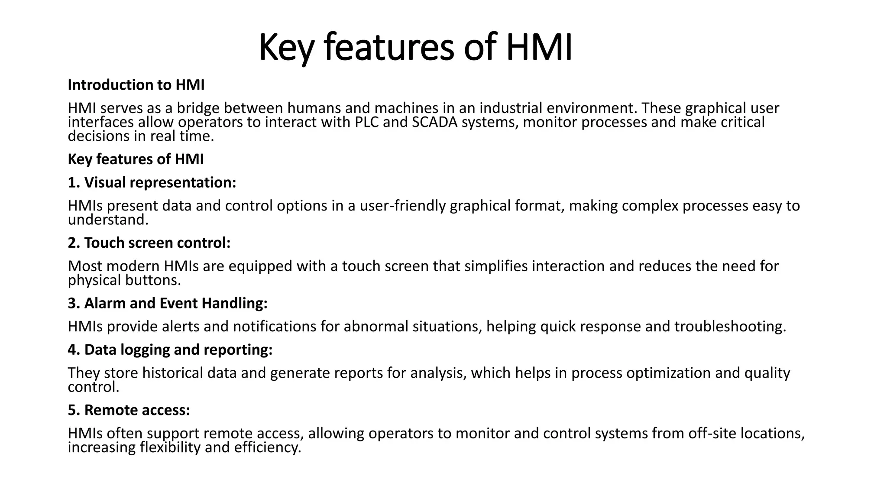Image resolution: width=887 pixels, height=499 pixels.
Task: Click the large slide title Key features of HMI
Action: point(415,48)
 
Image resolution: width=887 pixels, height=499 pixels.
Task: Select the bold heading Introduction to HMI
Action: point(136,85)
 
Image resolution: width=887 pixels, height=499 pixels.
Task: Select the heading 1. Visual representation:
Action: point(152,182)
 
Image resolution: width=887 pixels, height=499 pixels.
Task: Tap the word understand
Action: point(108,220)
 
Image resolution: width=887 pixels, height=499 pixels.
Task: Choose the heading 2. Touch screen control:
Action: point(149,243)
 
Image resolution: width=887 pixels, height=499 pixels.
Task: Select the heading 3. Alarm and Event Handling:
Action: point(168,303)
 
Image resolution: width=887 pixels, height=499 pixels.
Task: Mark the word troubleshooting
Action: point(730,326)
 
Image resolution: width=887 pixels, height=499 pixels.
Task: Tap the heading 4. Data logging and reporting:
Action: point(170,350)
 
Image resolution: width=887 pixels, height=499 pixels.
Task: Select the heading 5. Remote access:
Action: point(129,410)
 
